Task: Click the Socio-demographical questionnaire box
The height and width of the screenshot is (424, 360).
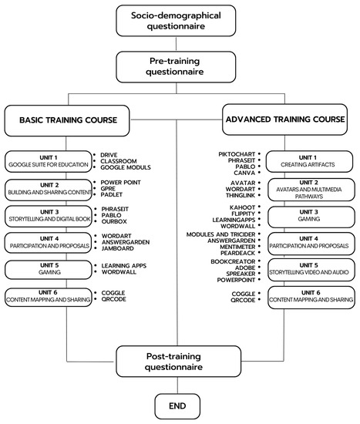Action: pos(177,21)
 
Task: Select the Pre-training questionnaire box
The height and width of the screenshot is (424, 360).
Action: pos(177,66)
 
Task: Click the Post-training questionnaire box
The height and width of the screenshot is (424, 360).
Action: pos(177,363)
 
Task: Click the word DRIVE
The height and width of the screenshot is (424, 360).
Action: pos(109,154)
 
